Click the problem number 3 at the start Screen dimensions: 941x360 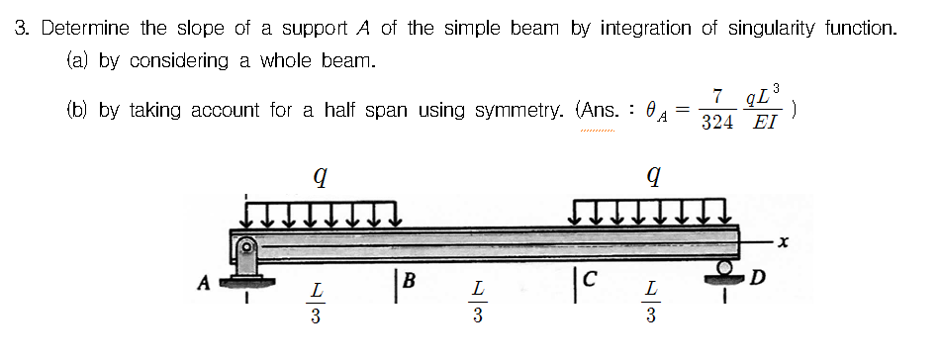point(21,28)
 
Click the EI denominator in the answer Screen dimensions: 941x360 point(764,125)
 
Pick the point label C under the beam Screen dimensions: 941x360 point(587,281)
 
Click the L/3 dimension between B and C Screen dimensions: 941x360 point(478,303)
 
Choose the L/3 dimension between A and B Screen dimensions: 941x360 point(315,303)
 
